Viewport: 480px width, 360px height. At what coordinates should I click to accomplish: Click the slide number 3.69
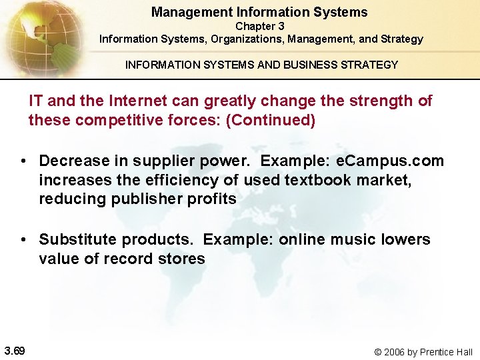coord(14,351)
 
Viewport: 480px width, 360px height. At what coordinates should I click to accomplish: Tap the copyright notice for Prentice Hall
coord(423,351)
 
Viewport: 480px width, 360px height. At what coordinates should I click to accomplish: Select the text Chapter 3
coord(259,27)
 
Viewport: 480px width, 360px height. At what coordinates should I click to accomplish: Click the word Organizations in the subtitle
coord(247,39)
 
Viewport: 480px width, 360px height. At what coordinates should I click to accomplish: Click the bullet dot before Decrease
coord(23,161)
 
